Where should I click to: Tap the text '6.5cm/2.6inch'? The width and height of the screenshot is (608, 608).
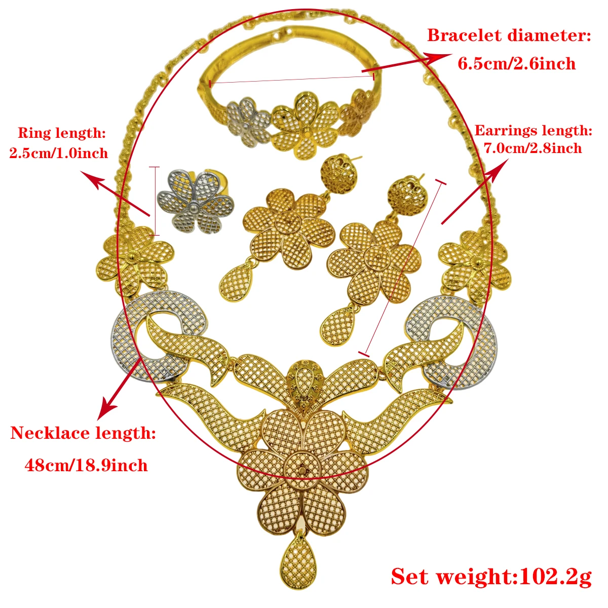point(517,64)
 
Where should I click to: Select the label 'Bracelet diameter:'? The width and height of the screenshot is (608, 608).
point(509,35)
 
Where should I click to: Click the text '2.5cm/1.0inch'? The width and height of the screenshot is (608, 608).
point(59,153)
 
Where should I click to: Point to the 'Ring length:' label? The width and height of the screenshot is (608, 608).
point(62,133)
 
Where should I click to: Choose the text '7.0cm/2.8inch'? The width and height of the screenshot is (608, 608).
point(533,148)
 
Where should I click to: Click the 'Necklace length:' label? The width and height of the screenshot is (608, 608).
point(83,433)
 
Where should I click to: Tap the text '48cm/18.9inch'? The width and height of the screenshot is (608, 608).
point(86,465)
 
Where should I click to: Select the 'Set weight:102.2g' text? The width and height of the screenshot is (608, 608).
point(491,577)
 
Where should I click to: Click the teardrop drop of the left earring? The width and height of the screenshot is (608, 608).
point(236,285)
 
